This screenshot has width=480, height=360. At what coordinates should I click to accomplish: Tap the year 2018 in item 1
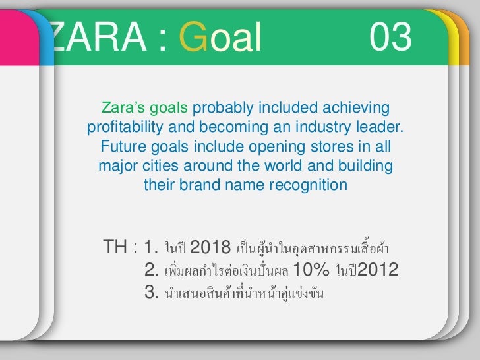point(210,249)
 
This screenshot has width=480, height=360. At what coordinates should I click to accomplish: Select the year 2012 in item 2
point(377,270)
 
